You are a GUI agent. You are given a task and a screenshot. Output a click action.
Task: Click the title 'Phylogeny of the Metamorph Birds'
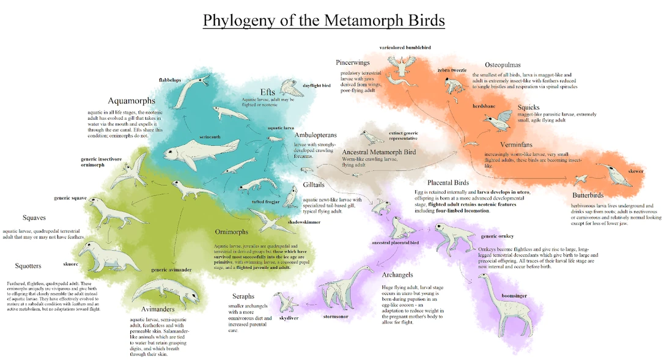point(323,20)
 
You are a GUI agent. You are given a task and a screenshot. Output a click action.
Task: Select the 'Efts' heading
point(268,92)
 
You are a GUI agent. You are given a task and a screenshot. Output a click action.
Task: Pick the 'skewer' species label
point(636,172)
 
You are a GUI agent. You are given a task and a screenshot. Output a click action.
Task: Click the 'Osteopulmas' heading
point(503,65)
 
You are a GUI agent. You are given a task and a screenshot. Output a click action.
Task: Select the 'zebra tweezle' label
point(452,70)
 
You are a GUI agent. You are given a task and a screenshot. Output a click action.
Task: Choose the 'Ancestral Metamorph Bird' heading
point(379,152)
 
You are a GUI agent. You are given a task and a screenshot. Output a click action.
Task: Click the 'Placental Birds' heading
point(448,183)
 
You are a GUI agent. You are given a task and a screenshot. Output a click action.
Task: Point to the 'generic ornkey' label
point(497,236)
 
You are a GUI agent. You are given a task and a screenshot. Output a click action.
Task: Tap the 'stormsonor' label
point(336,316)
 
